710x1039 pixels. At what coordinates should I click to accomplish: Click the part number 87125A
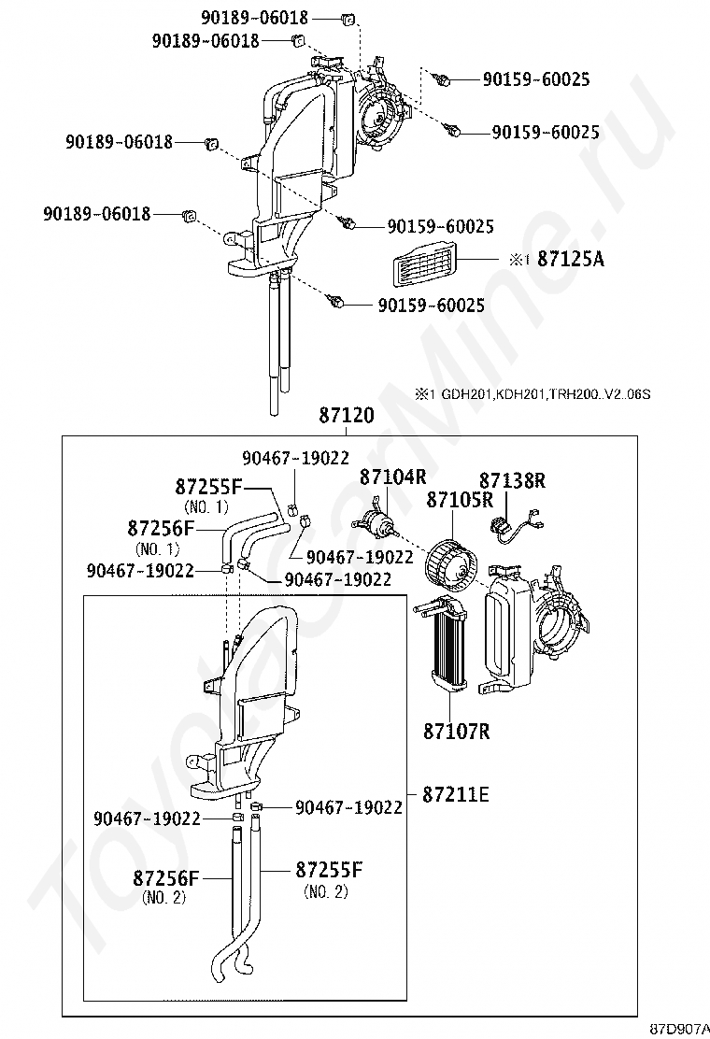570,259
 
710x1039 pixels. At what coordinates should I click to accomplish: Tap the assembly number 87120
347,416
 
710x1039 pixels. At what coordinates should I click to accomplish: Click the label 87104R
392,477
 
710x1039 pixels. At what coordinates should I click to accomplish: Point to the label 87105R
460,500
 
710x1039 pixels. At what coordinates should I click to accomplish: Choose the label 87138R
513,480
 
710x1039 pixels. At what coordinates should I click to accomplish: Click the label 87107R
457,731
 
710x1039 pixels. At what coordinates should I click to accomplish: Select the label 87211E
456,794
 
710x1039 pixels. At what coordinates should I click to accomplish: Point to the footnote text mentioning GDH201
533,394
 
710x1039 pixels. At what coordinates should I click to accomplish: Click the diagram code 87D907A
679,1029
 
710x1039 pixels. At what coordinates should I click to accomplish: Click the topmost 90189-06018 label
255,19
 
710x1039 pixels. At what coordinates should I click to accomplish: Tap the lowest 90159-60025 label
432,305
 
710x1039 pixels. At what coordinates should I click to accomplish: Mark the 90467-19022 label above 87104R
295,458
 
